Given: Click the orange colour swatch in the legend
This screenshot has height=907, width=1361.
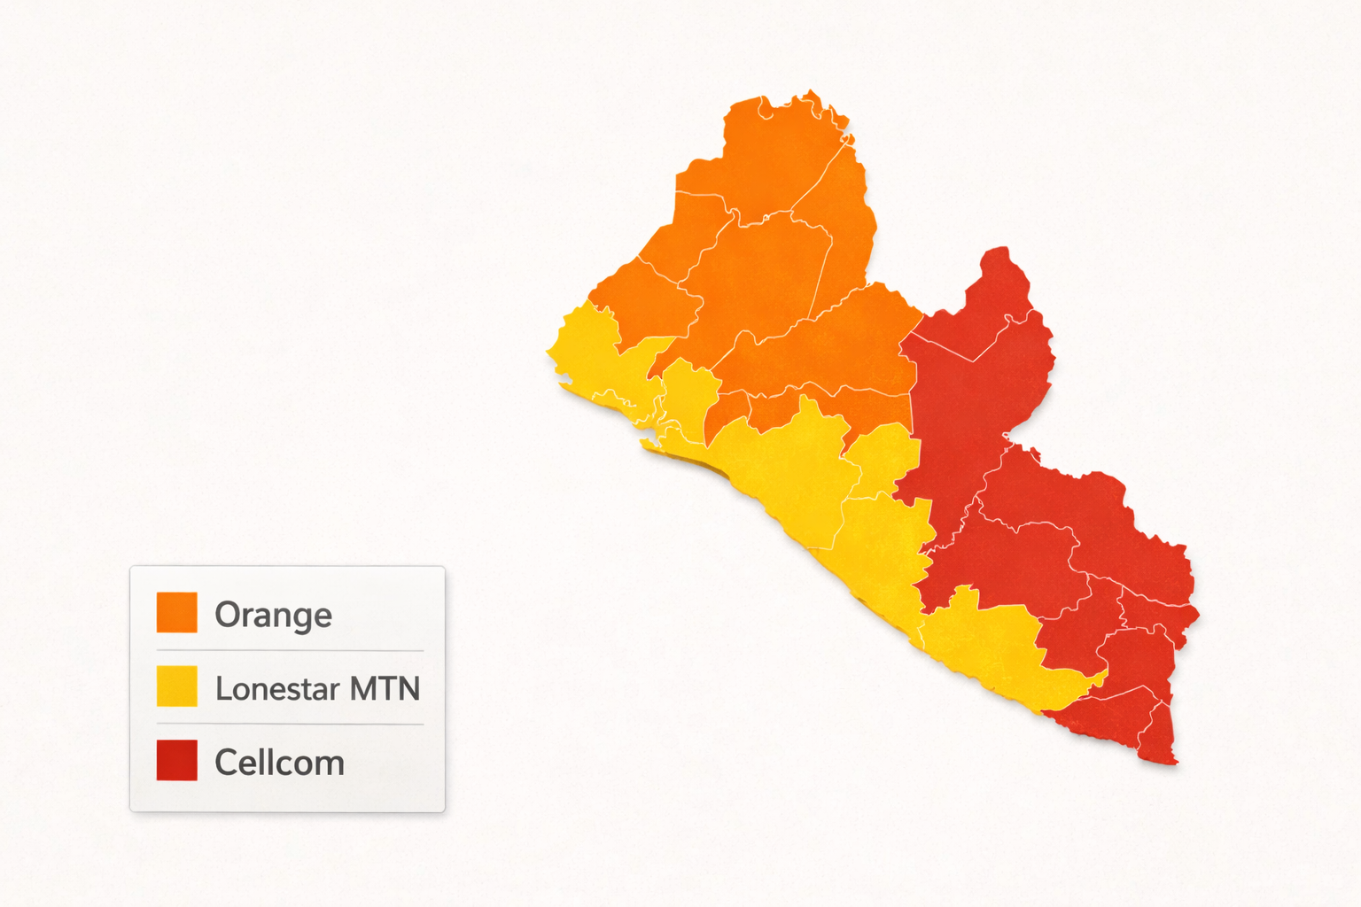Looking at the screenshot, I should coord(176,612).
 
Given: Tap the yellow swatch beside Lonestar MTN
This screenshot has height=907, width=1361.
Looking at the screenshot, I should coord(176,686).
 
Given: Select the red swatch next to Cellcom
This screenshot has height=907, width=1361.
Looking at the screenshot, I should coord(176,760).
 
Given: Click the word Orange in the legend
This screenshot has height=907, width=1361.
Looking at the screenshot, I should coord(273,615).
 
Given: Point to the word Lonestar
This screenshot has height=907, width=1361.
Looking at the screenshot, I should coord(277,688).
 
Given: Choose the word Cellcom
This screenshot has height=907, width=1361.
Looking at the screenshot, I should coord(279,763).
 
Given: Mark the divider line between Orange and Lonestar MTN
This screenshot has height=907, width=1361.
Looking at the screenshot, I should coord(290,650).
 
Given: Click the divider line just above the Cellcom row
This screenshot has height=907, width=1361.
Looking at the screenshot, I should coord(290,724).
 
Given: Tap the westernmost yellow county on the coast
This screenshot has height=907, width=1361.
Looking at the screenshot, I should coord(594,354).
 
